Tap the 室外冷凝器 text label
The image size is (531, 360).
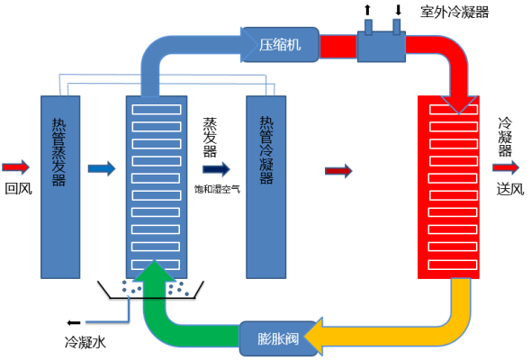pyautogui.click(x=454, y=13)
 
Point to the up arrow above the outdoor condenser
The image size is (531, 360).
pyautogui.click(x=367, y=11)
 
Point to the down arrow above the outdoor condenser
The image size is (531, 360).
pyautogui.click(x=398, y=11)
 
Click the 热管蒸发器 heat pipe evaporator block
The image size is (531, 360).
pyautogui.click(x=58, y=184)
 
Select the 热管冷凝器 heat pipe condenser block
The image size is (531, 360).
pyautogui.click(x=265, y=184)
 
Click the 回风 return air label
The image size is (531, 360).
pyautogui.click(x=18, y=188)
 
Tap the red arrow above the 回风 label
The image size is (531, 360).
pyautogui.click(x=16, y=166)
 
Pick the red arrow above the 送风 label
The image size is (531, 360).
pyautogui.click(x=506, y=166)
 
